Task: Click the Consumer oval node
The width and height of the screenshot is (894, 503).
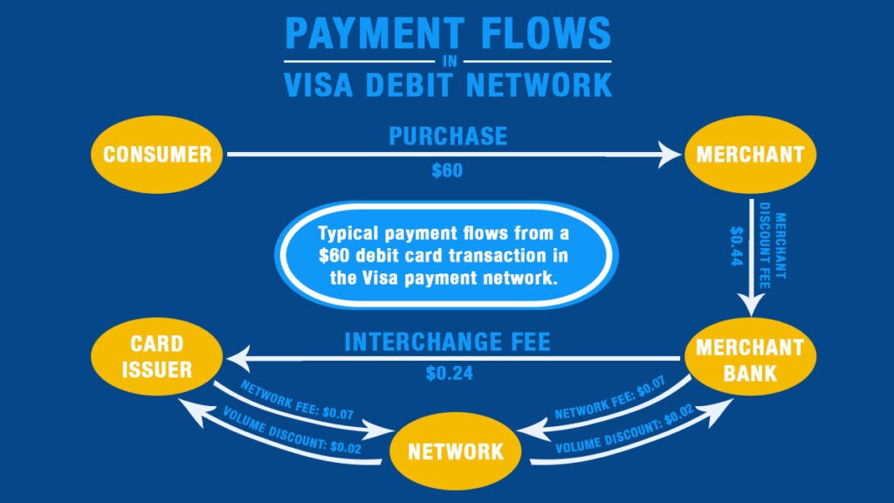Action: [157, 155]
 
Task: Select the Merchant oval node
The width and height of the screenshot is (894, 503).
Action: [750, 155]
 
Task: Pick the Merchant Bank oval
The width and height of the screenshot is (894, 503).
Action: [750, 359]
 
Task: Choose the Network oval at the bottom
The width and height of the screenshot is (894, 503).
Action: [457, 451]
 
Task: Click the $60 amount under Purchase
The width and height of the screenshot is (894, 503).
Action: [447, 172]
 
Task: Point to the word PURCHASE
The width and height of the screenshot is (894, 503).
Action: [448, 136]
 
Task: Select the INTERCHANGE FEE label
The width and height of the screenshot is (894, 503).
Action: [448, 341]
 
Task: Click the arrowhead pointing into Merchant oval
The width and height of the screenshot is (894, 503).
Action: [670, 155]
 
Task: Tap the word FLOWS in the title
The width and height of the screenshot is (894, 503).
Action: [540, 34]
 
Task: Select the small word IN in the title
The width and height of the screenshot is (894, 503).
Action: [448, 61]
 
